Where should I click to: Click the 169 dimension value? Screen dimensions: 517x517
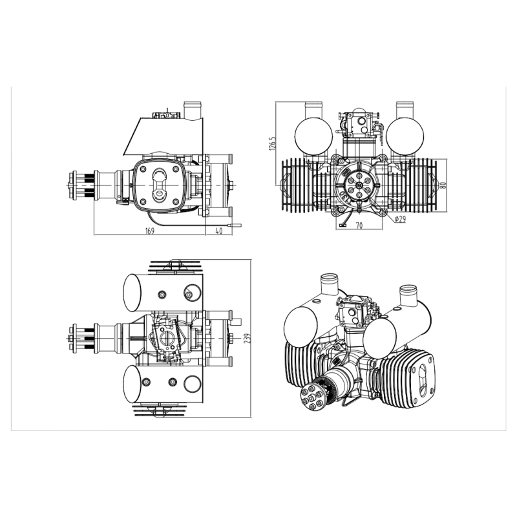[x=150, y=231]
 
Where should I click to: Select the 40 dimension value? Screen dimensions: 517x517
[x=219, y=231]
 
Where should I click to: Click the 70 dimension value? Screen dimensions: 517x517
[x=359, y=225]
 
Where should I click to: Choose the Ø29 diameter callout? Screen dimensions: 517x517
[x=399, y=219]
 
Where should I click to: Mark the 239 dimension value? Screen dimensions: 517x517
[x=248, y=339]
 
